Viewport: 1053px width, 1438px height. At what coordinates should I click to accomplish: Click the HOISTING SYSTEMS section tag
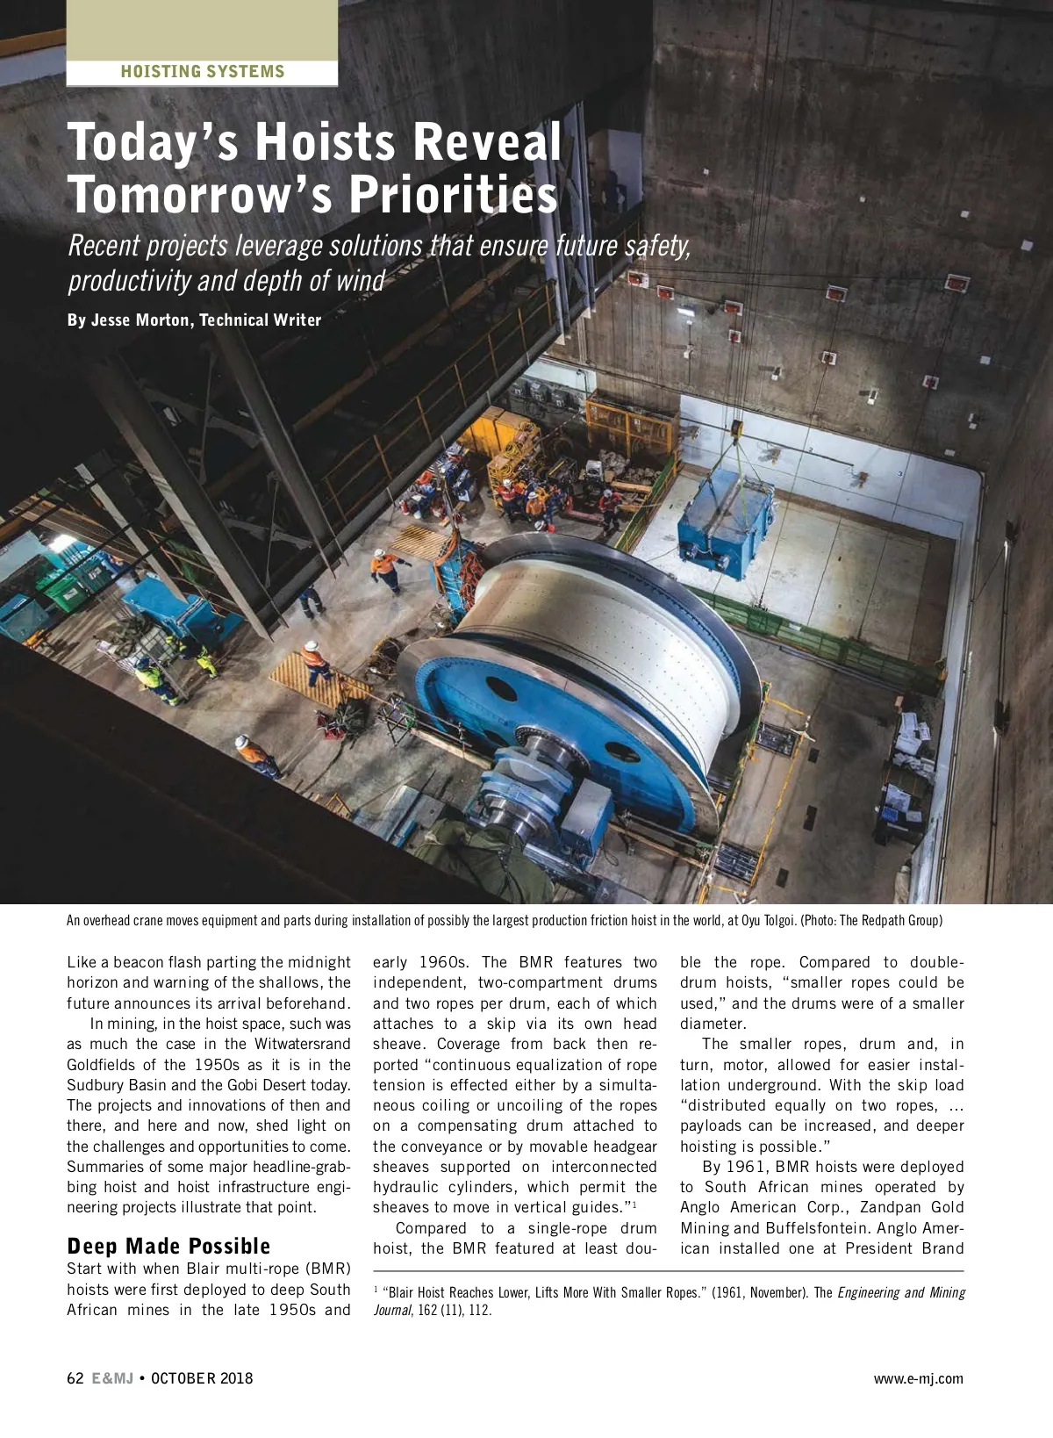(x=203, y=72)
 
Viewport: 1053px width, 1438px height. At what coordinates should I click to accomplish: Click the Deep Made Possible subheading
(x=168, y=1246)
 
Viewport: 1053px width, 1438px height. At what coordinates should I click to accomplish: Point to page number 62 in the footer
(x=75, y=1377)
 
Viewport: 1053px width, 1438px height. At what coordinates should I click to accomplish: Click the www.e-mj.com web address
(x=918, y=1378)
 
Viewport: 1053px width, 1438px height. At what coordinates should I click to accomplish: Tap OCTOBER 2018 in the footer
(x=202, y=1377)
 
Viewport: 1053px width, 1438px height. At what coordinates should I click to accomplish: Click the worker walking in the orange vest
(x=387, y=572)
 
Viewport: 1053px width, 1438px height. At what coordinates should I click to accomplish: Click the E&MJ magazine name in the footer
(x=112, y=1377)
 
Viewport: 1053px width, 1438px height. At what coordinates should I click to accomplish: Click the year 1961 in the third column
(x=749, y=1167)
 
